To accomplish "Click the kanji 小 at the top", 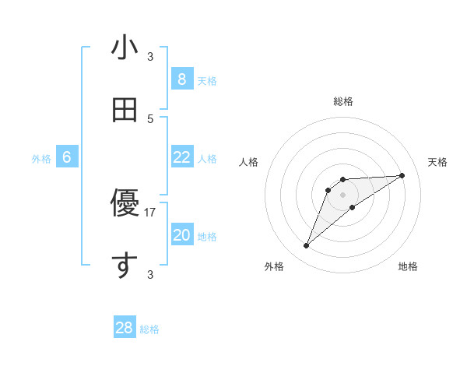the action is (x=125, y=48).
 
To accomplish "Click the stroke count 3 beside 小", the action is (x=150, y=57).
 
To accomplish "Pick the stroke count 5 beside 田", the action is (x=150, y=118).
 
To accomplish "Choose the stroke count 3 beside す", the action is (x=150, y=274).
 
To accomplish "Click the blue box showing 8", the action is (x=181, y=79).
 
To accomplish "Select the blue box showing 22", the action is (x=181, y=157).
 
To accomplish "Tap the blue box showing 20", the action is (x=181, y=235).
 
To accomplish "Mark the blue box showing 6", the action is (x=67, y=157).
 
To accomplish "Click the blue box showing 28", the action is (x=125, y=328).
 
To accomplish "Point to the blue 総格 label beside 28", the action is (x=149, y=329).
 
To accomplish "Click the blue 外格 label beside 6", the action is (x=41, y=159).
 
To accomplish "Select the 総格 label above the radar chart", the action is (x=343, y=101).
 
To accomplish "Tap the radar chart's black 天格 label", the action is (x=437, y=162).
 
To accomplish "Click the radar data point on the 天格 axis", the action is (x=402, y=175).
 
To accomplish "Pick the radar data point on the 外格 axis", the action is (x=306, y=246).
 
